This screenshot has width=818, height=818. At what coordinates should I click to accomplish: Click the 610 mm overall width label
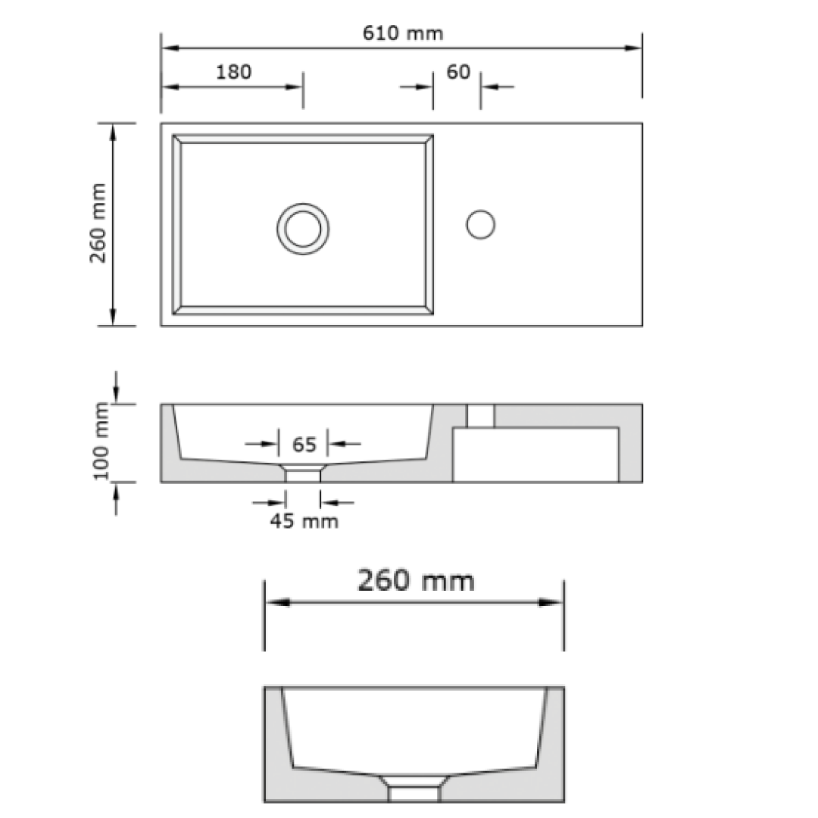(x=401, y=33)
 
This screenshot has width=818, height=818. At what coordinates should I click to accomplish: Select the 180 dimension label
(x=234, y=72)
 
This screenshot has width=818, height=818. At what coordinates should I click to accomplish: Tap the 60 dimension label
(x=458, y=72)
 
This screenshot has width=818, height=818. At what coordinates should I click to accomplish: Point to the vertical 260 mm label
(x=98, y=224)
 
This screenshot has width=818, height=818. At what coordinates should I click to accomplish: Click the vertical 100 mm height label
(x=101, y=442)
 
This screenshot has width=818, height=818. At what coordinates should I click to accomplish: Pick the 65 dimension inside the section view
(x=304, y=444)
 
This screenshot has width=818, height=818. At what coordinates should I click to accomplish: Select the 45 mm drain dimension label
(x=304, y=521)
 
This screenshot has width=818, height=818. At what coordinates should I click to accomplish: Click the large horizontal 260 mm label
(x=415, y=581)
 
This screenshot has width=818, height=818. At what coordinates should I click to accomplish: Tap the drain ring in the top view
(x=303, y=228)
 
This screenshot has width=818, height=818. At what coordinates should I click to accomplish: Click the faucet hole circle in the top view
(x=480, y=224)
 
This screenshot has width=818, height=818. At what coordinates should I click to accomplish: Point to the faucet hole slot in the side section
(x=480, y=416)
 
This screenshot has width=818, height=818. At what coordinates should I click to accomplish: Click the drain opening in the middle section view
(x=303, y=475)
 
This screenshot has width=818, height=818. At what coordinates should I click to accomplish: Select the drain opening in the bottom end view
(x=414, y=793)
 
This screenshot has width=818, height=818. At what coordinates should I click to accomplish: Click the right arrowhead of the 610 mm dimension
(x=633, y=48)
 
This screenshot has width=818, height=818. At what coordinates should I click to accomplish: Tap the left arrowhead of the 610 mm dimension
(x=170, y=48)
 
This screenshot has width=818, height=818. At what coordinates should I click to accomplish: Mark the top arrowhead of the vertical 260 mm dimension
(x=114, y=133)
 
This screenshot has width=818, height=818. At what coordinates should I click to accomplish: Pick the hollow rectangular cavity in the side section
(x=535, y=454)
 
